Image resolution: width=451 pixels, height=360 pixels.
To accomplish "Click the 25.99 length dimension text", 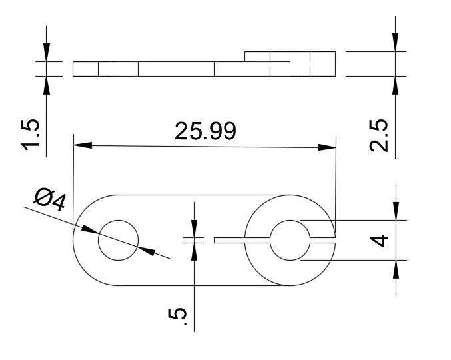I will pos(205,131).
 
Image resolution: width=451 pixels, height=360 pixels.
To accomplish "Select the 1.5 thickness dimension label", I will pos(31,136).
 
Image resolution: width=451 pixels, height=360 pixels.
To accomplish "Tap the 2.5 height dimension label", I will pos(380,136).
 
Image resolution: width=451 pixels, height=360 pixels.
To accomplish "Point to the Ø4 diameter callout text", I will pos(51,199).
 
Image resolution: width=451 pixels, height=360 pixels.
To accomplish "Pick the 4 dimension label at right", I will pos(380,240).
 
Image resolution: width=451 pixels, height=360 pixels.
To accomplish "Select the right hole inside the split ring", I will pos(290,240).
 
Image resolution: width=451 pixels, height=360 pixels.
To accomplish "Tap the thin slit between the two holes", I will pos(230,240).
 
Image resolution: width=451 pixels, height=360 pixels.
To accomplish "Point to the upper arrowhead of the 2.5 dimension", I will pos(396,43).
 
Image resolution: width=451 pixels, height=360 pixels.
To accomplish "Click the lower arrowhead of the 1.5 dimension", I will pos(47,84).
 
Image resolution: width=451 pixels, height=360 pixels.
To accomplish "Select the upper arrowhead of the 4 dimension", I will pos(396,211).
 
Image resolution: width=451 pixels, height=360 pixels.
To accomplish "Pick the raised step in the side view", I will pos(290,56).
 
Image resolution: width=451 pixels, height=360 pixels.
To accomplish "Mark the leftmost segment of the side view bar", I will pos(85,69).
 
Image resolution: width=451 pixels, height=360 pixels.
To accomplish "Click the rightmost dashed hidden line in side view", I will pos(310,64).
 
